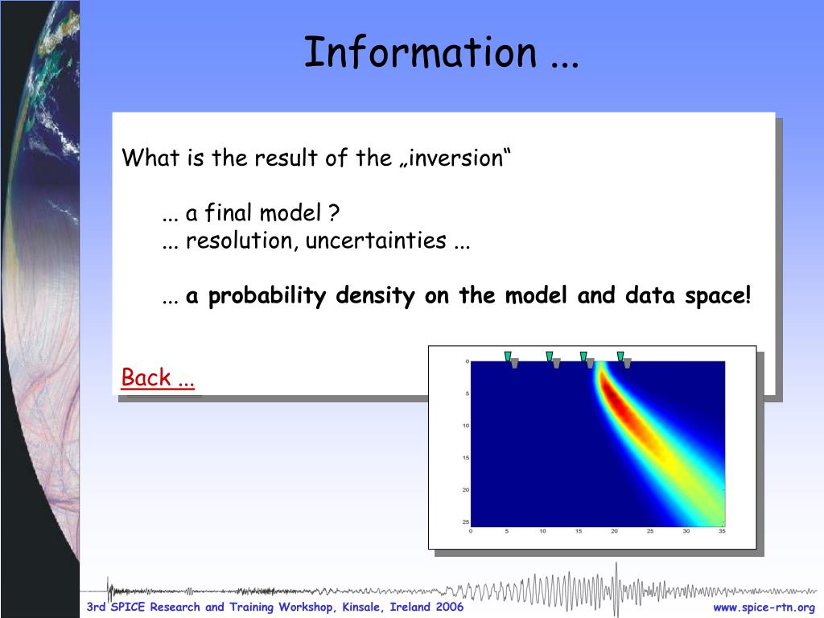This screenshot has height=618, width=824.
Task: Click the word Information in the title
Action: (x=420, y=51)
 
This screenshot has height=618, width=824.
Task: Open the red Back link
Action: (x=158, y=377)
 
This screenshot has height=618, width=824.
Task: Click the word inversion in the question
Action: (x=455, y=158)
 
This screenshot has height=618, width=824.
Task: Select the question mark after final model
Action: (x=333, y=212)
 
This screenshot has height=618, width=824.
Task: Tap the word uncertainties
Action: (x=376, y=241)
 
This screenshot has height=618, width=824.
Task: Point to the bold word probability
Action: (x=267, y=296)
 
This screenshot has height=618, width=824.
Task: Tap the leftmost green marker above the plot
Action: (x=508, y=356)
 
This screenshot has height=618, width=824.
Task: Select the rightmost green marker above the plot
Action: (x=620, y=356)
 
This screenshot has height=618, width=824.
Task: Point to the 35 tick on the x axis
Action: (x=722, y=531)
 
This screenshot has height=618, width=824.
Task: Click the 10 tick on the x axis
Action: (x=543, y=531)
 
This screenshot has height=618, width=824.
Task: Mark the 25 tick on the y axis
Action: (x=466, y=521)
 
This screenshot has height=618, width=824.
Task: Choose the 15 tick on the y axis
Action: (x=466, y=458)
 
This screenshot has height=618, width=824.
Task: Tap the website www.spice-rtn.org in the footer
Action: (x=764, y=608)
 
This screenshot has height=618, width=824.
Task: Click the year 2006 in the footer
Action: (x=449, y=607)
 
